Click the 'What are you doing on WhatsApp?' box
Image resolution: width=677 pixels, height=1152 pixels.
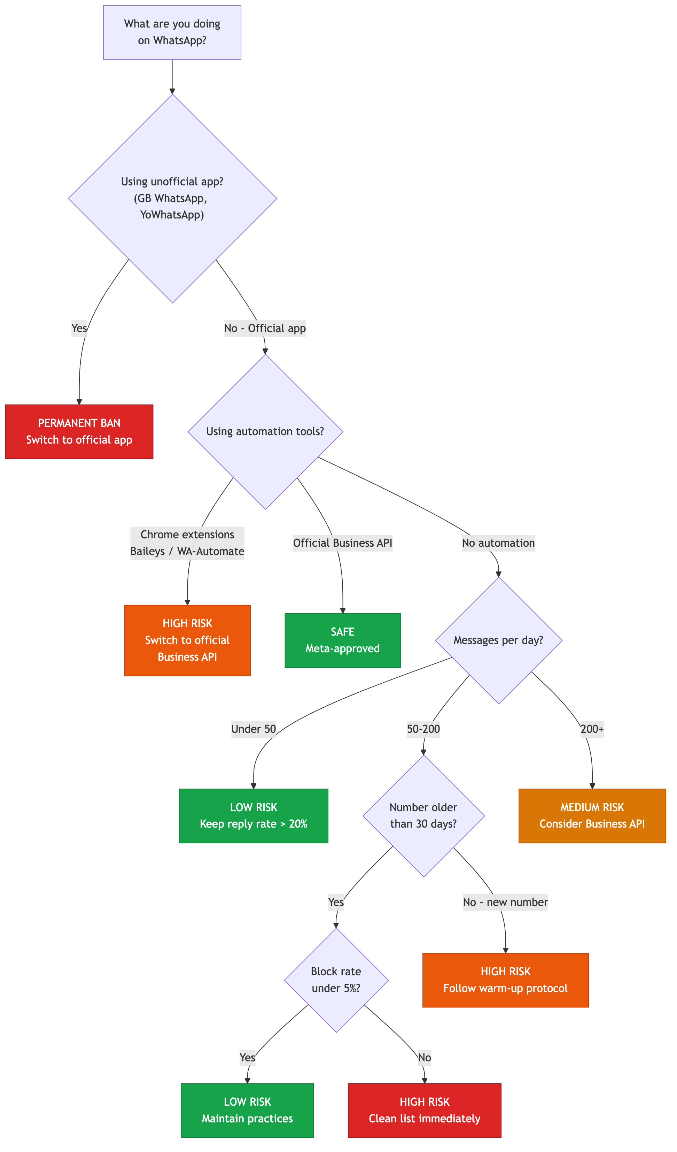pyautogui.click(x=172, y=32)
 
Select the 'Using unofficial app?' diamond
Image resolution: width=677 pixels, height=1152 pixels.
pyautogui.click(x=172, y=198)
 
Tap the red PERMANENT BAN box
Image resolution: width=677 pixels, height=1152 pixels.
pyautogui.click(x=79, y=431)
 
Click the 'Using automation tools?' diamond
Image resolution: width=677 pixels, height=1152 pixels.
pyautogui.click(x=265, y=431)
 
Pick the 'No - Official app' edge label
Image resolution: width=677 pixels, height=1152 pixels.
pyautogui.click(x=265, y=328)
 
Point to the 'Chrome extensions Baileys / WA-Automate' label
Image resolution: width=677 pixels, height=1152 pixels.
pyautogui.click(x=187, y=543)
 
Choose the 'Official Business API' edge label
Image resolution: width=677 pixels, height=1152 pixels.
pyautogui.click(x=343, y=543)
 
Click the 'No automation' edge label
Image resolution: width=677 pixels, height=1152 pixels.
pyautogui.click(x=498, y=543)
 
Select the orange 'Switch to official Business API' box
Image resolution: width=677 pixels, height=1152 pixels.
pyautogui.click(x=187, y=640)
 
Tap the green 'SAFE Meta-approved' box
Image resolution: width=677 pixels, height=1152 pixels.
pyautogui.click(x=343, y=640)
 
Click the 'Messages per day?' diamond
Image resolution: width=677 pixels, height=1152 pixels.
pyautogui.click(x=498, y=640)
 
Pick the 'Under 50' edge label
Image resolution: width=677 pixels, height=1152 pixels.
pyautogui.click(x=254, y=729)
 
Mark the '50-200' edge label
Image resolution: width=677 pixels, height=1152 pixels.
pyautogui.click(x=423, y=729)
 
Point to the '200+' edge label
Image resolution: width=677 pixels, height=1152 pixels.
pyautogui.click(x=592, y=729)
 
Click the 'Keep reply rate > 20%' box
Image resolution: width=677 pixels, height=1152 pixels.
pyautogui.click(x=254, y=816)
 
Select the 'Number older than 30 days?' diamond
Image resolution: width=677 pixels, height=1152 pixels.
pyautogui.click(x=423, y=816)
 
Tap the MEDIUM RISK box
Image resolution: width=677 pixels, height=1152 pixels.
pyautogui.click(x=592, y=816)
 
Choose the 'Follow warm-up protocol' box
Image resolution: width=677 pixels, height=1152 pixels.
pyautogui.click(x=505, y=980)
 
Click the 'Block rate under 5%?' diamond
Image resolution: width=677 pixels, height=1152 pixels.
pyautogui.click(x=336, y=980)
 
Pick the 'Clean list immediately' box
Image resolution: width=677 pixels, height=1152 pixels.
pyautogui.click(x=425, y=1111)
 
